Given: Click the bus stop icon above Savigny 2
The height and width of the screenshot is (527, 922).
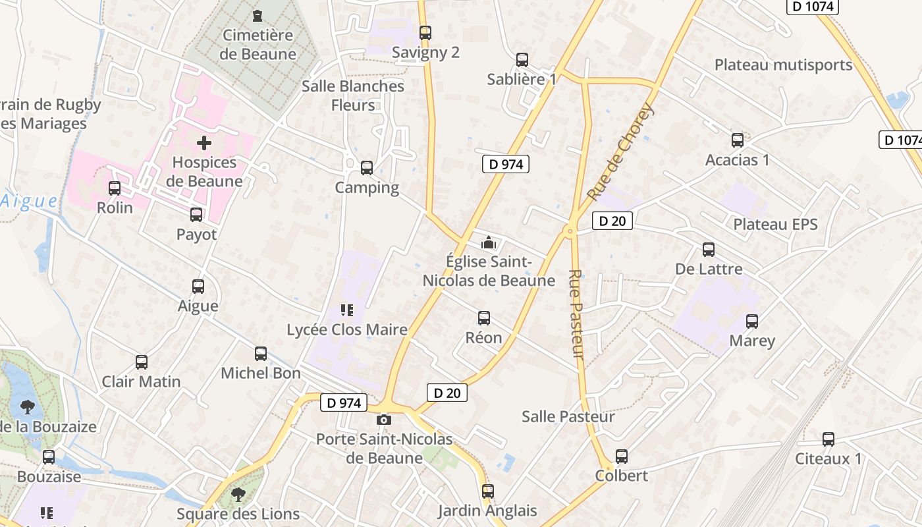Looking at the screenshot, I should (x=425, y=32).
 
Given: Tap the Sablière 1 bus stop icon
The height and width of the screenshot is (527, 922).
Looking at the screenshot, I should (x=522, y=60).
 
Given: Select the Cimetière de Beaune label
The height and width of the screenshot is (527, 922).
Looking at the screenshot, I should (x=259, y=45).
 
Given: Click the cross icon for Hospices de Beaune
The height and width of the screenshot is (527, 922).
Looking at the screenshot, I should (x=204, y=142).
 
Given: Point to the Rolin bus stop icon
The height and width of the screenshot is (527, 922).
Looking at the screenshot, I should (x=115, y=188).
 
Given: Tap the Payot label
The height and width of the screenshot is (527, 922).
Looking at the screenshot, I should (x=196, y=235).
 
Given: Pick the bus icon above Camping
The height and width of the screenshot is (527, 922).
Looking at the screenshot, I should (x=367, y=168).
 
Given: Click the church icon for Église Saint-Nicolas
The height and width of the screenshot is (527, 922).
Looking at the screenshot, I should (x=488, y=242).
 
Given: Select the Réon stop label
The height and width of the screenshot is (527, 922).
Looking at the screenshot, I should (x=484, y=338).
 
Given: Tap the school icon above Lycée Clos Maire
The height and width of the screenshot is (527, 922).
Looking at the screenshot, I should (x=346, y=310).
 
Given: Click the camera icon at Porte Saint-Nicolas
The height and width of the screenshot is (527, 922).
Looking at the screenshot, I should (x=384, y=420).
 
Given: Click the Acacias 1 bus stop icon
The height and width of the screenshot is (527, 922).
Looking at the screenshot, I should (x=738, y=140).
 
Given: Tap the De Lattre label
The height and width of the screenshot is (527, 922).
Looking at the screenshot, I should (x=709, y=269).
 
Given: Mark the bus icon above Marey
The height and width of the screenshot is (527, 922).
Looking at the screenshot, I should (x=752, y=321).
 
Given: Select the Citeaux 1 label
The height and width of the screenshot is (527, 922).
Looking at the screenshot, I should (x=828, y=458).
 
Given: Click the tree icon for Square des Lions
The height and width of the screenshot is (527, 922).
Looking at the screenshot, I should (x=238, y=493).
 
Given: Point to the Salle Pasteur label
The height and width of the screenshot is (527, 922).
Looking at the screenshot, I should (x=568, y=416).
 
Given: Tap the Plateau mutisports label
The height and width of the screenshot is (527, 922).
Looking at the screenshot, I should (x=783, y=65).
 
